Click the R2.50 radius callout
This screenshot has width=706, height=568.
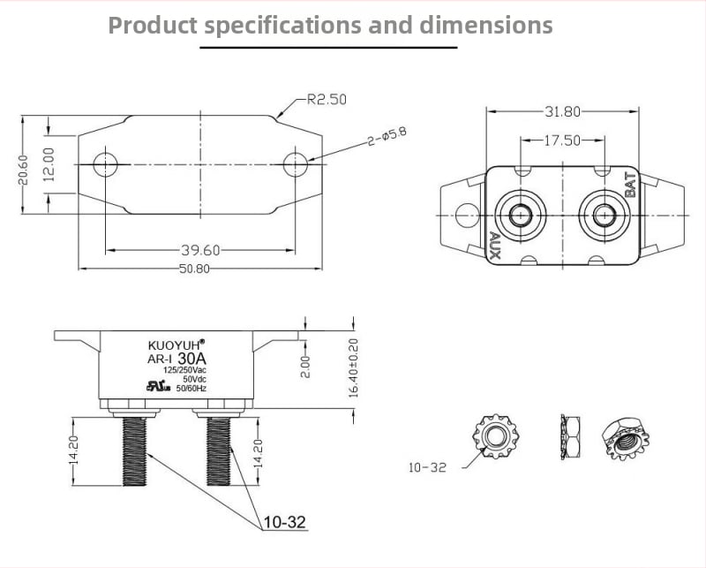[327, 99]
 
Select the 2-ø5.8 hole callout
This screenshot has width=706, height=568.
[387, 136]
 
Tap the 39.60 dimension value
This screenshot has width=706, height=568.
[200, 250]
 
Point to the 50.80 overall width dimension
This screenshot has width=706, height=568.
[194, 269]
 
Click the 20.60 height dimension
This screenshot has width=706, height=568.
[23, 170]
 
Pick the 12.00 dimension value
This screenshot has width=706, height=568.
[49, 164]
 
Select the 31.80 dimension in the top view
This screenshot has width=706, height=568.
[562, 111]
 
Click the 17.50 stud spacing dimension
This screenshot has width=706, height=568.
[562, 140]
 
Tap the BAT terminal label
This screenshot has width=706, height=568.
[630, 185]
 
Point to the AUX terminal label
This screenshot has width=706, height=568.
[494, 246]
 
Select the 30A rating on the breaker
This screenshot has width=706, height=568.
[192, 359]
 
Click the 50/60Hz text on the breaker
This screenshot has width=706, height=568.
[191, 388]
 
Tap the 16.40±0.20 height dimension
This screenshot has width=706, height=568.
[354, 367]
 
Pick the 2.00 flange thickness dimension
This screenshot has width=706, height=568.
[305, 367]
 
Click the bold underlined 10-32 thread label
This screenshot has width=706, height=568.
[284, 522]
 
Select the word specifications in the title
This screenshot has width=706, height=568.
[282, 26]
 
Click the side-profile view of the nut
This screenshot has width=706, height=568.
[570, 437]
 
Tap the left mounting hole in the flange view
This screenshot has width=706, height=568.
[105, 164]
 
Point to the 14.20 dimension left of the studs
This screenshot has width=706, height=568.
[74, 450]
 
